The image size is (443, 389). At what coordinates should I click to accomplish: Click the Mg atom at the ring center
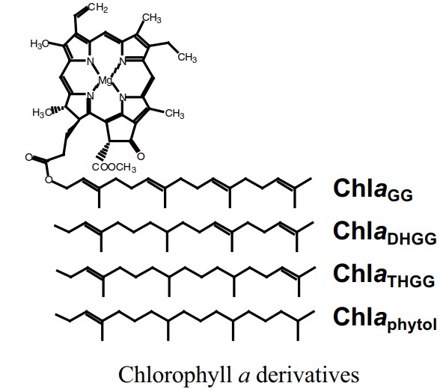(105, 81)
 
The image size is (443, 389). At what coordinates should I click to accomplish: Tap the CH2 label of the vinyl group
(98, 7)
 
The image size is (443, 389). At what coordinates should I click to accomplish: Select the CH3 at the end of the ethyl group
(187, 58)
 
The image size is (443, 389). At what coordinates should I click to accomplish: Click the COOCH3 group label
(114, 168)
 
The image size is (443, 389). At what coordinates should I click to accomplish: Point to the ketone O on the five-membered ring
(141, 156)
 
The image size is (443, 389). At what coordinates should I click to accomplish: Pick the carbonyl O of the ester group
(29, 157)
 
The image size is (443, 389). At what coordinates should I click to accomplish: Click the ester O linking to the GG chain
(49, 179)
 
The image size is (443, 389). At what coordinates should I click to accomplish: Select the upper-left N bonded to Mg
(90, 61)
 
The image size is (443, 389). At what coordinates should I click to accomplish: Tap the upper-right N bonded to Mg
(123, 61)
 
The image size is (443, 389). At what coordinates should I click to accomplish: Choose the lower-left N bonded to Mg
(90, 96)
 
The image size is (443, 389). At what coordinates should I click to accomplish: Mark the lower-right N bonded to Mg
(123, 97)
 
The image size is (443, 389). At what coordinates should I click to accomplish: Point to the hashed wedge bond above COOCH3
(103, 152)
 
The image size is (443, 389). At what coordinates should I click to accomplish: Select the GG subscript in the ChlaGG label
(400, 194)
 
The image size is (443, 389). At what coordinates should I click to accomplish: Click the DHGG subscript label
(412, 239)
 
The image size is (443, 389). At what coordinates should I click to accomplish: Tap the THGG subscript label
(412, 281)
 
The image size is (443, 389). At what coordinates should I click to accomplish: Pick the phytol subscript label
(412, 325)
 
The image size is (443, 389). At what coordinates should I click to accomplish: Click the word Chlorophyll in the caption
(175, 374)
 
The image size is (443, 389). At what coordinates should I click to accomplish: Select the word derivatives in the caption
(308, 374)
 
